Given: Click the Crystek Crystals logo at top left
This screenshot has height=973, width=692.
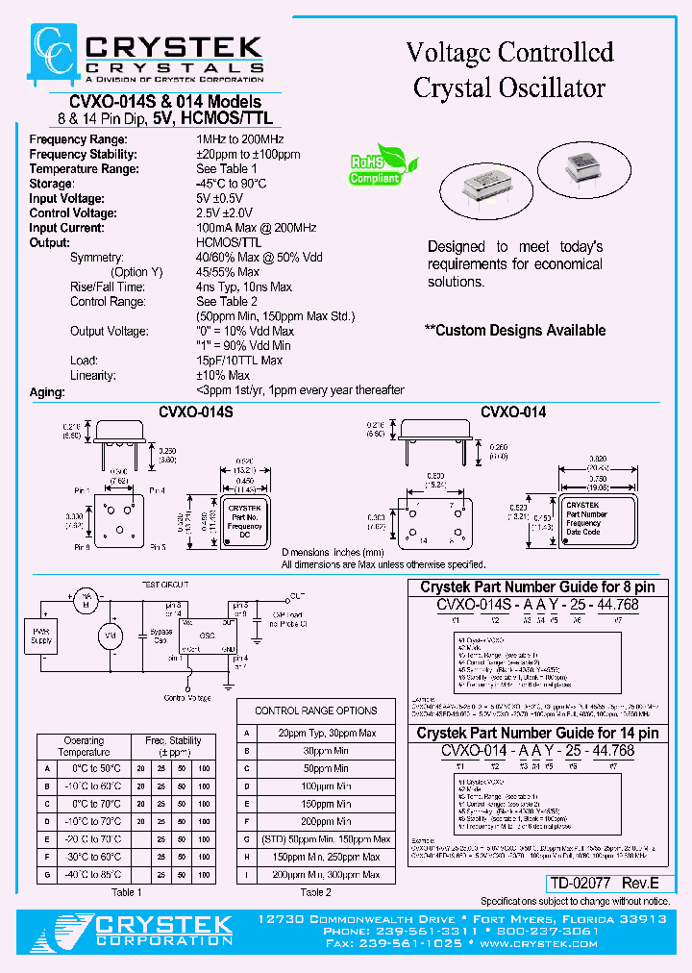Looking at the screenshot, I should [x=145, y=58].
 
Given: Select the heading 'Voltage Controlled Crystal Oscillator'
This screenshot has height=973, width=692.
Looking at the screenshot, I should [x=509, y=69].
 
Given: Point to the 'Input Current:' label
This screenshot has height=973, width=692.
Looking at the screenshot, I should [x=66, y=228].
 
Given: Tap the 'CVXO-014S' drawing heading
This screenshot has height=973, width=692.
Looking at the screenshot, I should [x=195, y=412].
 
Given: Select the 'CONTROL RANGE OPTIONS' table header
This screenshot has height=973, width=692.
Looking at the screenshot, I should [x=315, y=711].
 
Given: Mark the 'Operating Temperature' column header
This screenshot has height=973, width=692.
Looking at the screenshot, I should [x=85, y=746].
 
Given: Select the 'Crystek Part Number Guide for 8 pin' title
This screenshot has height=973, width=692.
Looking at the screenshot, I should [x=537, y=586].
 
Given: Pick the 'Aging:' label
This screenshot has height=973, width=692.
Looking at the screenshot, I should [x=47, y=392].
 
